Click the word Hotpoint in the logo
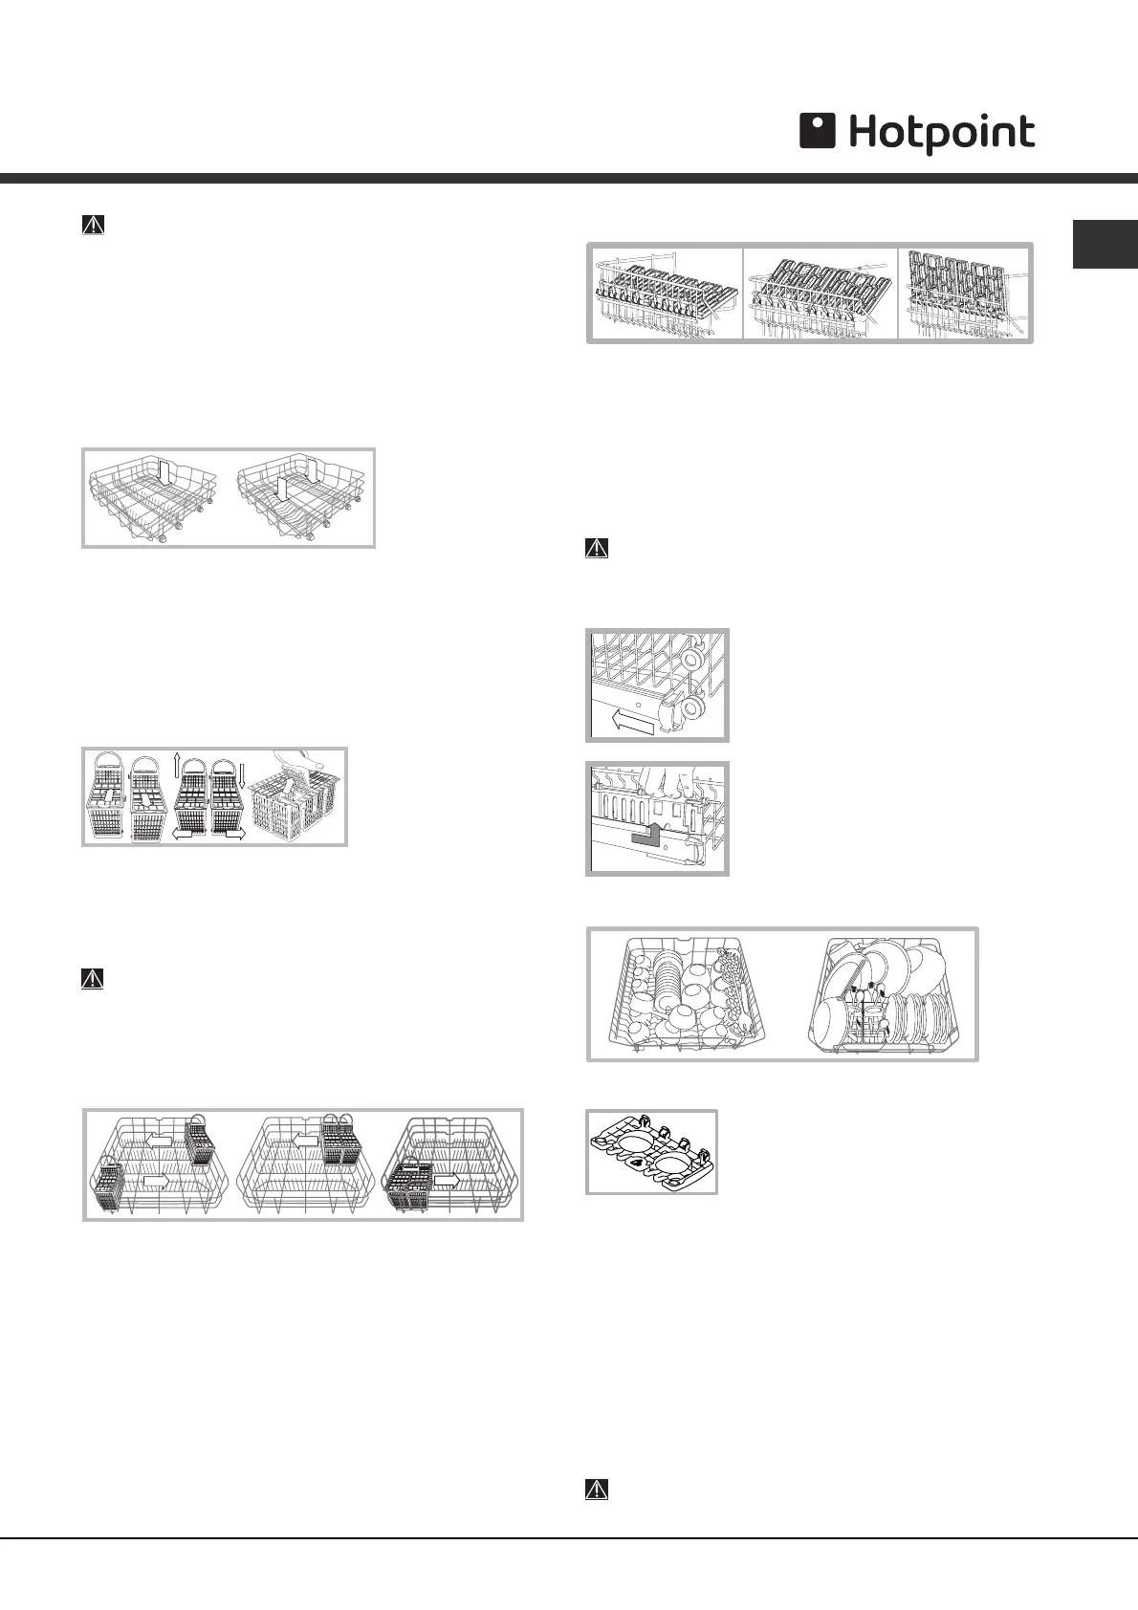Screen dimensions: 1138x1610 pyautogui.click(x=942, y=134)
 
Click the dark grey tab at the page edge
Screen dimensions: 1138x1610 pyautogui.click(x=1105, y=245)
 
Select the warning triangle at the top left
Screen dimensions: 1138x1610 pyautogui.click(x=93, y=225)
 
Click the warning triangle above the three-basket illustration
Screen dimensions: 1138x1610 pyautogui.click(x=93, y=979)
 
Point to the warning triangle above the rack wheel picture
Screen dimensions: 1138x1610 pyautogui.click(x=597, y=549)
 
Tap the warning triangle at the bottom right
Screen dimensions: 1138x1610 pyautogui.click(x=597, y=1490)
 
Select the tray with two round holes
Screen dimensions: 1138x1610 pyautogui.click(x=650, y=1151)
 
